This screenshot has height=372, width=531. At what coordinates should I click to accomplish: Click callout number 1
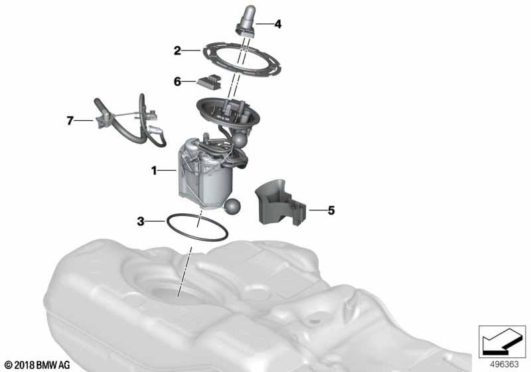(154, 171)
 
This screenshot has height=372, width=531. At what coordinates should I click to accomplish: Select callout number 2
(177, 50)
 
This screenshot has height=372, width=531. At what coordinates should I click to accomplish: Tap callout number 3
(141, 221)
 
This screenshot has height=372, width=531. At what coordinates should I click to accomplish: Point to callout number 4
(277, 25)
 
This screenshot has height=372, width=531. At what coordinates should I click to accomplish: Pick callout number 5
(331, 211)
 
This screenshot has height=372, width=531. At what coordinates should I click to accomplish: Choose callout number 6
(177, 82)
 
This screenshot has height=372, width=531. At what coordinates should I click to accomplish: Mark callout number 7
(70, 120)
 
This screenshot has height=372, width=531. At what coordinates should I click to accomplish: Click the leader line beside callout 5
(316, 211)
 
